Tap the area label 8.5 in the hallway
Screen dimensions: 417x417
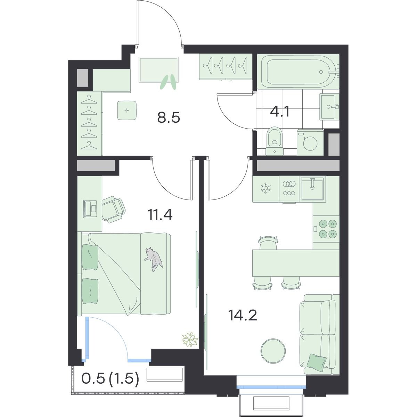(169, 118)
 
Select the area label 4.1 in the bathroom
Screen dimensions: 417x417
(280, 112)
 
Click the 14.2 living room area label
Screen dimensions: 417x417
(243, 315)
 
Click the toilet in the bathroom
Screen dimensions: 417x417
(275, 141)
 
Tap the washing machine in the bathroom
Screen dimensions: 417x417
(310, 142)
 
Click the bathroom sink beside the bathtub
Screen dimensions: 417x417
(329, 107)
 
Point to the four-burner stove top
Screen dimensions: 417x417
(326, 228)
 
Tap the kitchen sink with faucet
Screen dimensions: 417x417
(312, 189)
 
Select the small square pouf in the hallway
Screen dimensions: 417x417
(127, 111)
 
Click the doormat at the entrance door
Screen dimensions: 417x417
(158, 70)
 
